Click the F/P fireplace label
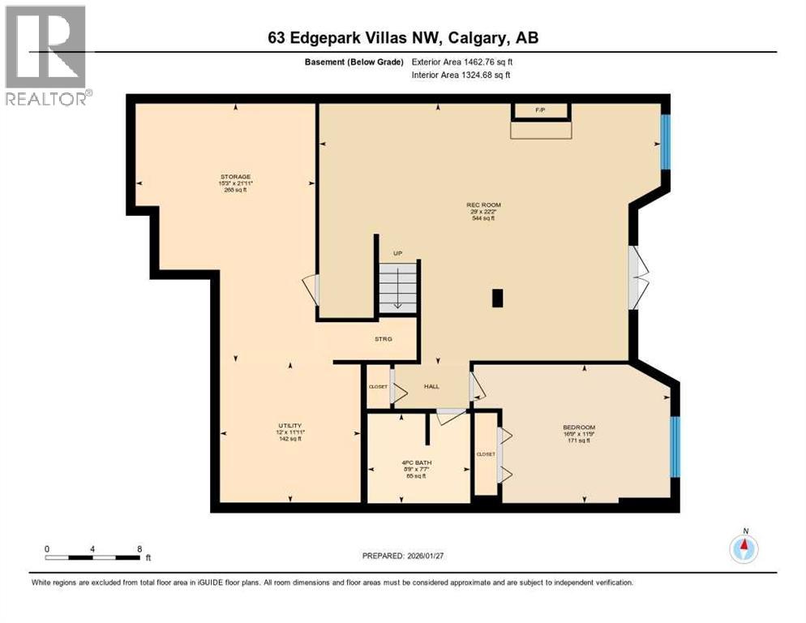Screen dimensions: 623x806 point(540,110)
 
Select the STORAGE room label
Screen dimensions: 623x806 point(235,177)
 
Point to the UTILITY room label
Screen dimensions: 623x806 point(290,426)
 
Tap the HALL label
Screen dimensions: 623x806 point(431,386)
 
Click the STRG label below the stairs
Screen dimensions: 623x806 point(384,339)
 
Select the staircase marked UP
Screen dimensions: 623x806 point(398,285)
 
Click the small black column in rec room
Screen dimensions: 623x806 point(497,299)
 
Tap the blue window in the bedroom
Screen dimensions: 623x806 point(675,447)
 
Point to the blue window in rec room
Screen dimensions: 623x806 point(666,142)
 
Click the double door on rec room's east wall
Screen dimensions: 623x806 point(638,275)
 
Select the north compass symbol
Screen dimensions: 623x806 point(743,549)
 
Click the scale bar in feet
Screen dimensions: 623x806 point(93,556)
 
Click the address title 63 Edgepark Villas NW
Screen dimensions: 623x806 point(403,37)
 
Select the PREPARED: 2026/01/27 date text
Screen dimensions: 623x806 point(402,556)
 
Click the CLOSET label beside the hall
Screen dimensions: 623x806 point(378,387)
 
